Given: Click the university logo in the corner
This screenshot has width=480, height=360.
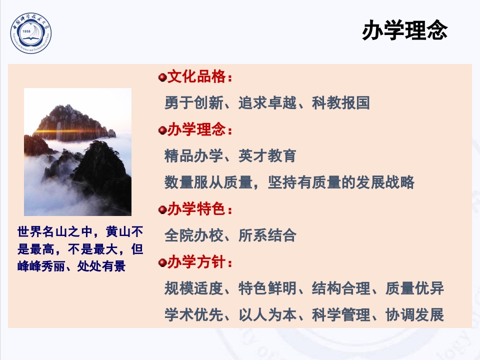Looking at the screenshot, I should [31, 33].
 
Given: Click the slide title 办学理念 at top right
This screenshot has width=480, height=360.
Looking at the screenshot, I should [404, 31].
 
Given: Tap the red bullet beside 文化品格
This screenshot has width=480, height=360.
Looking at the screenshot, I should [161, 77].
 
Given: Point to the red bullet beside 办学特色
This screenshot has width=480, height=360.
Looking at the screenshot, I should [161, 209].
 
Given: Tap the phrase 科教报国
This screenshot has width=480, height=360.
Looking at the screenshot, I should [341, 103].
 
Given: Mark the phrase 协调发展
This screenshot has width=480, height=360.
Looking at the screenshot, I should [414, 315].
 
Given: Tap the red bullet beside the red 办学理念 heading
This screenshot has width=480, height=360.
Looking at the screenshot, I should [161, 130].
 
